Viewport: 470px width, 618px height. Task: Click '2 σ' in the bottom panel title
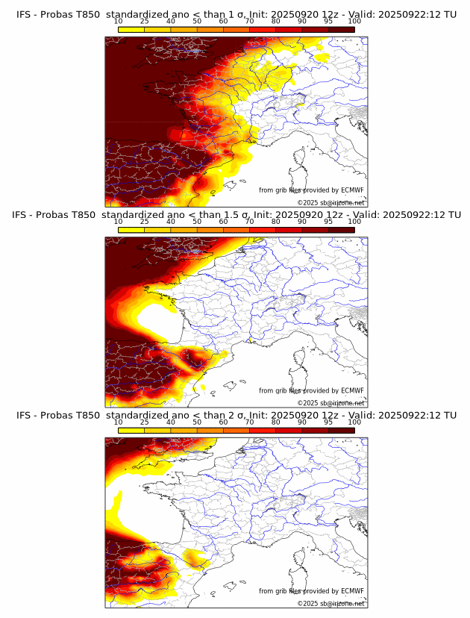[x=238, y=415]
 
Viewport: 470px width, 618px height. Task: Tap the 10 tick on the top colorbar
[x=118, y=21]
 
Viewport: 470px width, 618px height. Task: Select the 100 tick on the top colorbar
[x=354, y=21]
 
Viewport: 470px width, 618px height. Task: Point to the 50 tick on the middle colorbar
[x=197, y=222]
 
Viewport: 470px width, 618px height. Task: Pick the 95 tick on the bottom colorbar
[x=328, y=422]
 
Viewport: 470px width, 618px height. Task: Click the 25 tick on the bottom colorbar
[x=144, y=422]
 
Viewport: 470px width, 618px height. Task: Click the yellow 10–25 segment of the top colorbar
[x=131, y=29]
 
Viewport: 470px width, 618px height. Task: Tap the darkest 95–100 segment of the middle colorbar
[x=341, y=230]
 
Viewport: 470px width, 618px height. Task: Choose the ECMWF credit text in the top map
[x=311, y=190]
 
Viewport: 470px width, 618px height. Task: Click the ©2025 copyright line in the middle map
[x=330, y=403]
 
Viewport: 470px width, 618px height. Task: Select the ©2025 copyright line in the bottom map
[x=330, y=603]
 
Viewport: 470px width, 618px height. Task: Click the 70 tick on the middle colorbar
[x=249, y=222]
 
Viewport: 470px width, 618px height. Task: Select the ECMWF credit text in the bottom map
[x=311, y=591]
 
